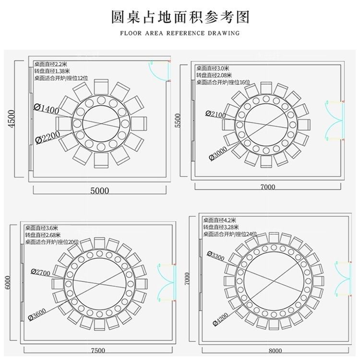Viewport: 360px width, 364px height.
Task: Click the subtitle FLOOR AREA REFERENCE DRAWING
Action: click(180, 34)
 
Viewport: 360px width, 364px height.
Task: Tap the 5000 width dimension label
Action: click(100, 191)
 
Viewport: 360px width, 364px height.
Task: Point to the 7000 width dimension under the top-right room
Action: click(268, 187)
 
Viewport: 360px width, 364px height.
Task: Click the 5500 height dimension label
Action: click(178, 120)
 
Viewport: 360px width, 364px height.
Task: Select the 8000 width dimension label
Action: click(275, 351)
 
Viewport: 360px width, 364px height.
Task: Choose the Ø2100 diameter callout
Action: click(216, 113)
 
